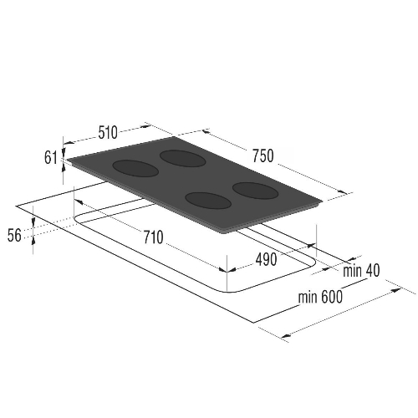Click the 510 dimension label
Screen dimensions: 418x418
[x=108, y=133]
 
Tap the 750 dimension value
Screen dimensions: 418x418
[x=263, y=156]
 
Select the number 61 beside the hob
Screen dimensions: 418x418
[x=51, y=158]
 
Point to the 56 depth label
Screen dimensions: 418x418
[x=14, y=235]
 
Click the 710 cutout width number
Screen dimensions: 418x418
[x=153, y=237]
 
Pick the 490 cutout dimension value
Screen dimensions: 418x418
[x=266, y=260]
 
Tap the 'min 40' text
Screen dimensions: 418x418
[x=361, y=270]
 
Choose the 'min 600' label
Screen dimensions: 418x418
[x=320, y=297]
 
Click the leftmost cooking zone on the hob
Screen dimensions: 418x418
[x=135, y=168]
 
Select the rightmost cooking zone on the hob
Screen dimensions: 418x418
[x=256, y=191]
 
